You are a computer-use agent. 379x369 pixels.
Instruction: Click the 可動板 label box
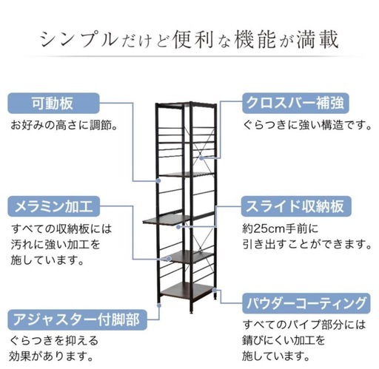[53, 103]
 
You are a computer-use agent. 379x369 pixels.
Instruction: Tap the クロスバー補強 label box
[295, 103]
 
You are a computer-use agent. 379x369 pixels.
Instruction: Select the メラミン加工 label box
[54, 206]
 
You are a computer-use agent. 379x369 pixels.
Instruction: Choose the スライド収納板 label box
[296, 206]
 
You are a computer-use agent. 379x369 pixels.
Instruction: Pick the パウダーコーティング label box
[306, 303]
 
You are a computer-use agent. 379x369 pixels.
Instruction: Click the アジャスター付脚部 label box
[77, 319]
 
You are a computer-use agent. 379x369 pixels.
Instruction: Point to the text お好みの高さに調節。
[64, 125]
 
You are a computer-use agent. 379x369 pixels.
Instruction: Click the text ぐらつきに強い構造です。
[307, 125]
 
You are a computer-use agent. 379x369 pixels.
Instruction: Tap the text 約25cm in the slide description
[264, 229]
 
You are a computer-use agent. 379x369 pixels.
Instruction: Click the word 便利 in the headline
[193, 39]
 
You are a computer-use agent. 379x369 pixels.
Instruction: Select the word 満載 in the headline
[318, 39]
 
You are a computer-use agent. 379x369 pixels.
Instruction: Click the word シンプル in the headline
[78, 39]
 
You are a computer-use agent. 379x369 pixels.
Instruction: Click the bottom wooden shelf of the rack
[187, 289]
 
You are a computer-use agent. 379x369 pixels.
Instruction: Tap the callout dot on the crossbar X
[201, 158]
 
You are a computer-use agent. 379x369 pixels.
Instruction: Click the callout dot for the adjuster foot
[159, 305]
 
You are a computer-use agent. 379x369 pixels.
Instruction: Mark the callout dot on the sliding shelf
[178, 227]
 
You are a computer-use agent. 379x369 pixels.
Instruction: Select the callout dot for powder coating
[215, 290]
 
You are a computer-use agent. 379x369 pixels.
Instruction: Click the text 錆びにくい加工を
[284, 340]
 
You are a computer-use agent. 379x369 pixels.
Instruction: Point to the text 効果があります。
[52, 356]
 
